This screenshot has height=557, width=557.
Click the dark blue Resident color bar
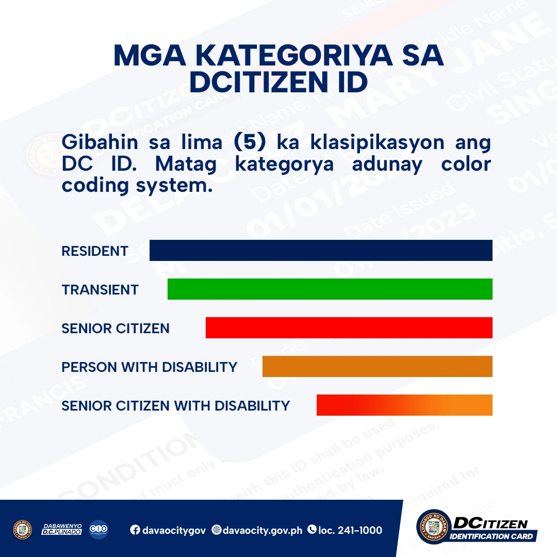[x=321, y=251]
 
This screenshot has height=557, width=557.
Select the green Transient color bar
[x=330, y=289]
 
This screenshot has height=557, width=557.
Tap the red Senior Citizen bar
[x=349, y=328]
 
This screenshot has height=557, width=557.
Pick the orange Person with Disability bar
[x=377, y=367]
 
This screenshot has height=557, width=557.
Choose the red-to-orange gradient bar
[x=404, y=405]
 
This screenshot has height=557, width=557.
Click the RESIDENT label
[x=95, y=251]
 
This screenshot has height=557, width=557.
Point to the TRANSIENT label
[x=100, y=290]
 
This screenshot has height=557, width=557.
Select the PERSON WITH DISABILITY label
[x=149, y=367]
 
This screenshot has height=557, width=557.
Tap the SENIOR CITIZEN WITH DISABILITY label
[x=175, y=406]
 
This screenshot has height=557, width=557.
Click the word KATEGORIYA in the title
[x=278, y=56]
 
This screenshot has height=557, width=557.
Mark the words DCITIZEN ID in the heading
[x=278, y=83]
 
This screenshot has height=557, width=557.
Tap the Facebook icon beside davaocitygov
[x=135, y=530]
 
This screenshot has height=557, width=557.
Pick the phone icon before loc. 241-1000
[x=312, y=530]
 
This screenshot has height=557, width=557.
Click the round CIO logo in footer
[x=99, y=530]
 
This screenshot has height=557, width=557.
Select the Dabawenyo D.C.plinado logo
[x=61, y=530]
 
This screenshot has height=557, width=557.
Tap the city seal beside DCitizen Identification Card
[x=434, y=527]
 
